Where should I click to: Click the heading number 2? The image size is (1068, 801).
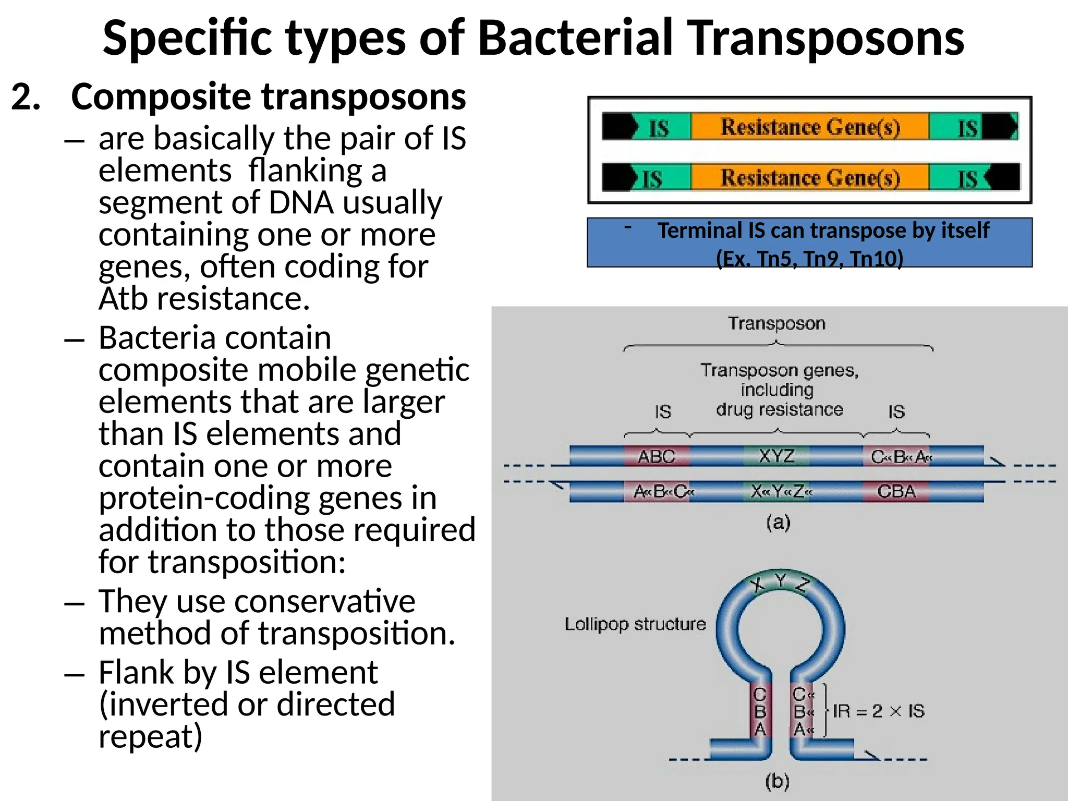[x=26, y=97]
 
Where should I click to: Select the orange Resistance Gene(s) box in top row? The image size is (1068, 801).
[x=810, y=127]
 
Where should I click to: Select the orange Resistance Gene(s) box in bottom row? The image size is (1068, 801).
[x=810, y=178]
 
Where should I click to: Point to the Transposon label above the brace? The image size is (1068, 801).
[x=776, y=324]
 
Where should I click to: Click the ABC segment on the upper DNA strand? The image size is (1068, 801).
[x=657, y=457]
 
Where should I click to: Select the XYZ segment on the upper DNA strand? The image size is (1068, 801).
[x=776, y=456]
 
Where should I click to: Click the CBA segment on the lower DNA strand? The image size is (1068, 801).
[x=896, y=491]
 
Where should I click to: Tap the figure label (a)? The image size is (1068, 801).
[x=778, y=522]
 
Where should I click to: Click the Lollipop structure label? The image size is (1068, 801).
[x=635, y=624]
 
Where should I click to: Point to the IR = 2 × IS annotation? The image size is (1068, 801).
[x=878, y=711]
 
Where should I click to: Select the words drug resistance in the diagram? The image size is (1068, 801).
[x=779, y=410]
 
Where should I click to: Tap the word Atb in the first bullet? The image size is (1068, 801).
[x=124, y=299]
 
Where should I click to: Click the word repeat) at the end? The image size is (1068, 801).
[x=150, y=736]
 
